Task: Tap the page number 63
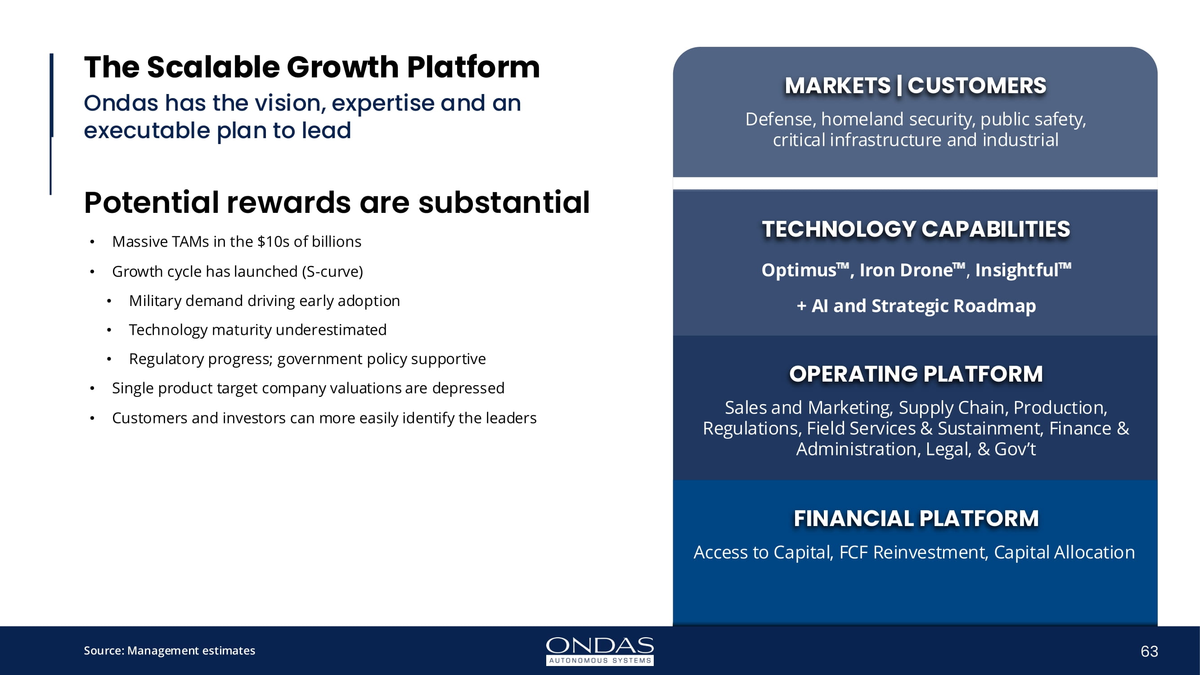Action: (1149, 651)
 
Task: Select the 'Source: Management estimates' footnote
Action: (170, 650)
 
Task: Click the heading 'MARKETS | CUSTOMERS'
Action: (915, 85)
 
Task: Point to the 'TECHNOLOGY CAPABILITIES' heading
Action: (916, 229)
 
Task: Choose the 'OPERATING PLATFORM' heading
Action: (916, 373)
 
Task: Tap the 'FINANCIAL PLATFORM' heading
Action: (916, 518)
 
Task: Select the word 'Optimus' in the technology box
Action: (799, 270)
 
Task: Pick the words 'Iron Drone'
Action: (906, 270)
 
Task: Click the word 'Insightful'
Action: (1016, 270)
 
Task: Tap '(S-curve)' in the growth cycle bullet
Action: (332, 272)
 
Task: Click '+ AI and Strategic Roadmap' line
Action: (916, 306)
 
